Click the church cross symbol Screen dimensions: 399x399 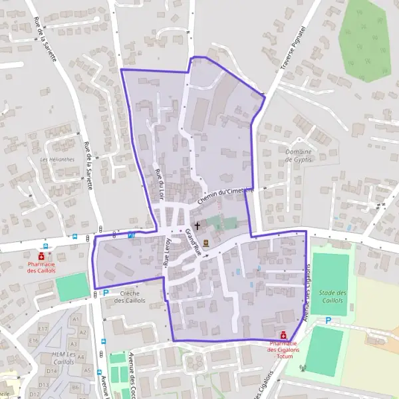point(198,226)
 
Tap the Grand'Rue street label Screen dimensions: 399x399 point(194,240)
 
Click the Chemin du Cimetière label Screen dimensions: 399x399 point(226,194)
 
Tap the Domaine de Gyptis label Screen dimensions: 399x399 point(298,156)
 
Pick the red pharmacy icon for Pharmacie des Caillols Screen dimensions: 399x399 point(42,255)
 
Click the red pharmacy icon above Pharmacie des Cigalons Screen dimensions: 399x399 point(284,335)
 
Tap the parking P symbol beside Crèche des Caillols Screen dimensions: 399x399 point(105,291)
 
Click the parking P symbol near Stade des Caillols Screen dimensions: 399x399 point(328,321)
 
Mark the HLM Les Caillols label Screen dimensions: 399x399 point(63,358)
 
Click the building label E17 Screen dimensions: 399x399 point(43,329)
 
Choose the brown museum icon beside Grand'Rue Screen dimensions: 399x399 point(206,243)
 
